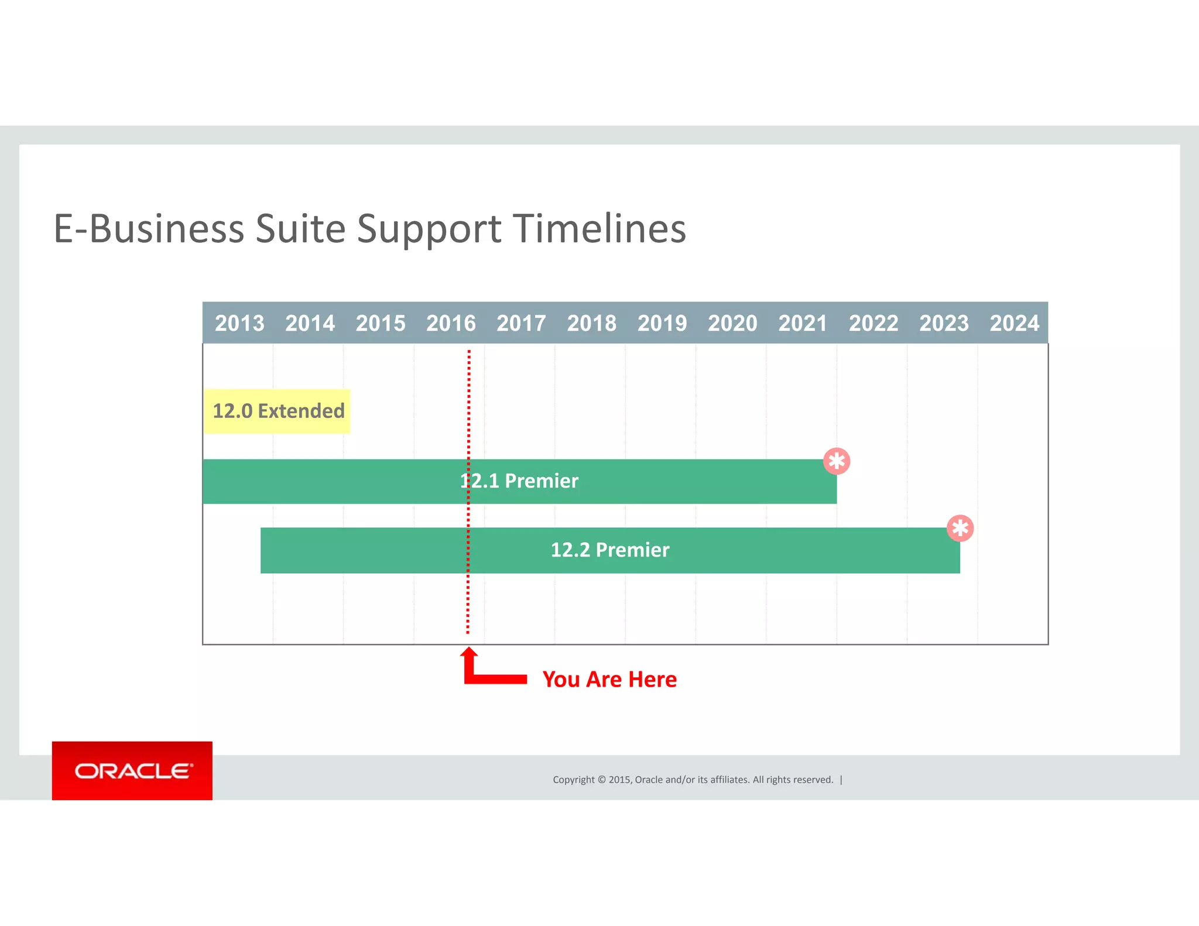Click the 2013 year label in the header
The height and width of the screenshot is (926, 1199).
[239, 323]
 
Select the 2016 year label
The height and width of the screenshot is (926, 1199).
[451, 323]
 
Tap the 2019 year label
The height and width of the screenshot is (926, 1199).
[662, 323]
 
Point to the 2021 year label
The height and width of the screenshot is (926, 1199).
[803, 323]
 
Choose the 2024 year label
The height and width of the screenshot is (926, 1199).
[1014, 323]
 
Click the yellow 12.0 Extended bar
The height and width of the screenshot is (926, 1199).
[278, 411]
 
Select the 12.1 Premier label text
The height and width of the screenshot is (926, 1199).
[519, 481]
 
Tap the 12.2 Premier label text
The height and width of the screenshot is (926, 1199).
[610, 550]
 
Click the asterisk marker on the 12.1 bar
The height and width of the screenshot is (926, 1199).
[837, 461]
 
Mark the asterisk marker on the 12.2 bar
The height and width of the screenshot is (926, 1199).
[960, 529]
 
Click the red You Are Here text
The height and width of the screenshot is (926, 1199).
[609, 680]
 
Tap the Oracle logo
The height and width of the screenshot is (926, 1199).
[132, 771]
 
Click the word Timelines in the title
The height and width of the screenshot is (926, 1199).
[599, 228]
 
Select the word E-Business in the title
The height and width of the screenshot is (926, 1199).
[149, 228]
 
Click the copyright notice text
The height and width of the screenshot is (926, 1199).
[693, 780]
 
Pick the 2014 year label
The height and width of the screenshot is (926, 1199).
[310, 323]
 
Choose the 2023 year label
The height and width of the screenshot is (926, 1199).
[944, 323]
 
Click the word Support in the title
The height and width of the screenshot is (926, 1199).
[429, 229]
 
